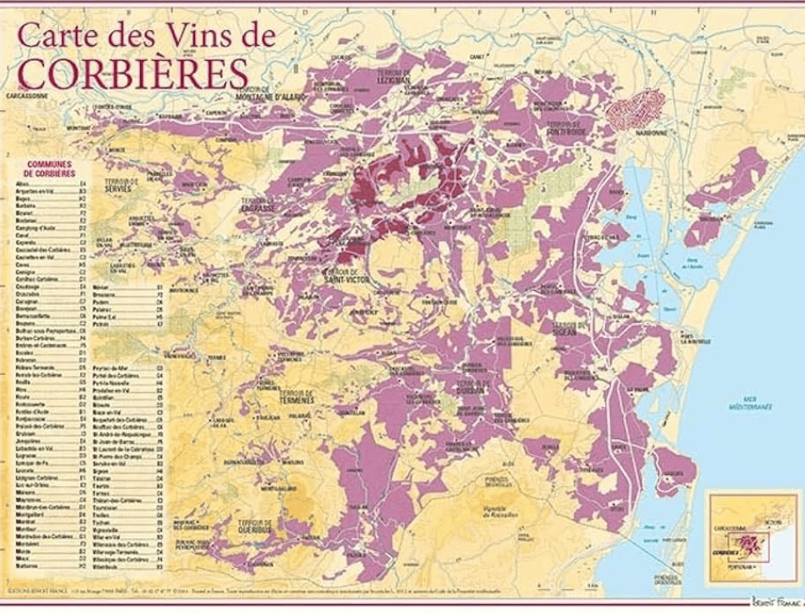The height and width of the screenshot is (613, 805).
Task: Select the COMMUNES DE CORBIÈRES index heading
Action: coord(49,168)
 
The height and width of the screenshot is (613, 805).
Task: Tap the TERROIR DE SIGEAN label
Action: coord(571,326)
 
